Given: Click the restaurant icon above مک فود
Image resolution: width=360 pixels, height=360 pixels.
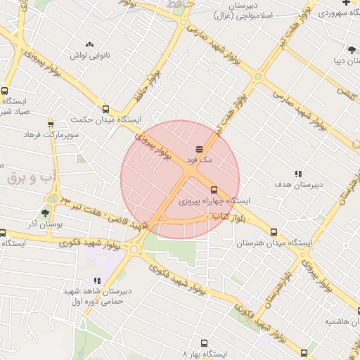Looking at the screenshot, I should coord(199,149).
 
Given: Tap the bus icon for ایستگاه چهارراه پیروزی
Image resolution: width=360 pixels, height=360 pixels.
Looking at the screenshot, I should coord(214,190).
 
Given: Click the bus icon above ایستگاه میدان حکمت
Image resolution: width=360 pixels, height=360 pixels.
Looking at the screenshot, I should coord(105,109).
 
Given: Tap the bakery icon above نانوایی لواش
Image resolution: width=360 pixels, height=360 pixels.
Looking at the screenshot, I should coord(89,44).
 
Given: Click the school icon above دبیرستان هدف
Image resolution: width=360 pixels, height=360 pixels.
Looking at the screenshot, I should coord(298,173).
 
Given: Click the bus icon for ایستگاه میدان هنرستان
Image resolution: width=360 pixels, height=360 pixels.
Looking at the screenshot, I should coord(274,232).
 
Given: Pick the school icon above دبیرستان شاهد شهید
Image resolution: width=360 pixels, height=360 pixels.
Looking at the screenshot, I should coord(97,281).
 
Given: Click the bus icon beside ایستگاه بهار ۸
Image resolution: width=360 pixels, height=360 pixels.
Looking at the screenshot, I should coord(204,344).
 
